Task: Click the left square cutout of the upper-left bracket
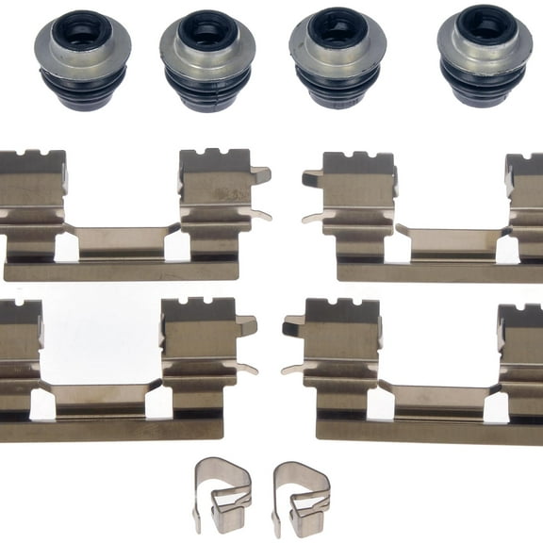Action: tap(66, 248)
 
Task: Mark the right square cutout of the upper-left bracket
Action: tap(176, 247)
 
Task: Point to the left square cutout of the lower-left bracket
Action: tap(42, 404)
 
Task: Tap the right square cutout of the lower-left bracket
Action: tap(157, 403)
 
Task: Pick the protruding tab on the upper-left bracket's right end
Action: tap(260, 174)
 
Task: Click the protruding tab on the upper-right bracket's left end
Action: tap(310, 177)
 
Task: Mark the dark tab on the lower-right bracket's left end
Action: tap(293, 327)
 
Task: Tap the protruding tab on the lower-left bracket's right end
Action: tap(246, 326)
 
